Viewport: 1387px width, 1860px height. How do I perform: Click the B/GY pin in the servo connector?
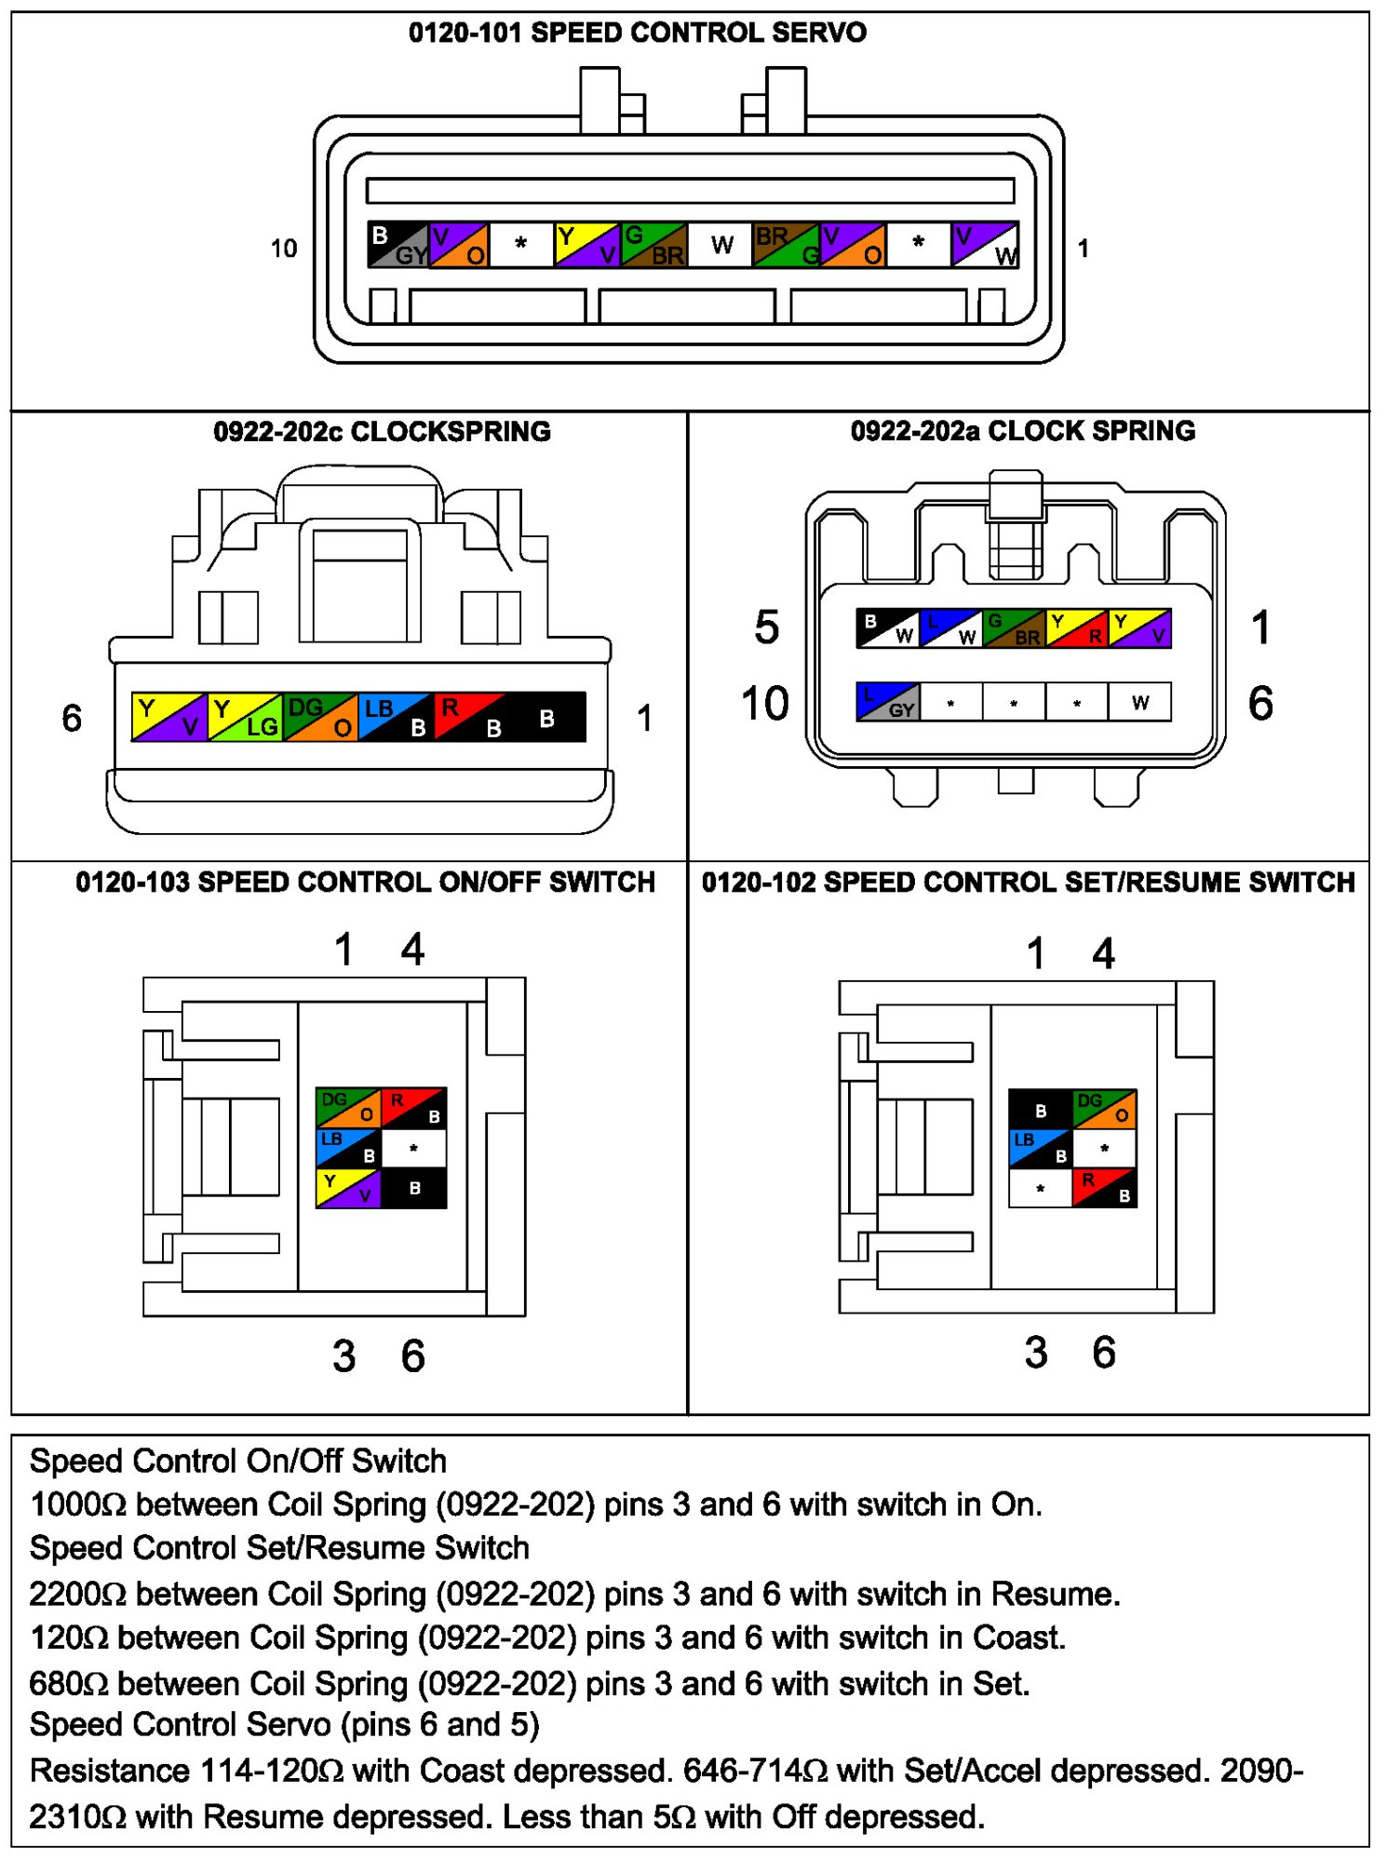pos(398,245)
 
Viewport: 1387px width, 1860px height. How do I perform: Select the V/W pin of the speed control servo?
pos(985,245)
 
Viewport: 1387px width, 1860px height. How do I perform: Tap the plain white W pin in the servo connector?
pos(721,245)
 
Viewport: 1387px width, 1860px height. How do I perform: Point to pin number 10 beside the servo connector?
pos(284,249)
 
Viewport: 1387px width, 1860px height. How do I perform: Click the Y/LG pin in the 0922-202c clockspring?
pos(245,717)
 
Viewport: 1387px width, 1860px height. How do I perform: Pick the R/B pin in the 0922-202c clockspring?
pos(471,717)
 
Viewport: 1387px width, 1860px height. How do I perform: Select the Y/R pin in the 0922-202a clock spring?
pos(1076,628)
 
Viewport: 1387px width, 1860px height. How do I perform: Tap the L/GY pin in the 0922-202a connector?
pos(887,702)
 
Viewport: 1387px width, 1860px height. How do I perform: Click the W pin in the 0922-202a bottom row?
pos(1139,702)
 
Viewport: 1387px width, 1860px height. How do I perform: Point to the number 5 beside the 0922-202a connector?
pos(766,627)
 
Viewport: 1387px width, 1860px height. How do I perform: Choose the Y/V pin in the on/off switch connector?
pos(348,1189)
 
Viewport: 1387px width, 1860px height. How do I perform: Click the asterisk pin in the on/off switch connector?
pos(414,1149)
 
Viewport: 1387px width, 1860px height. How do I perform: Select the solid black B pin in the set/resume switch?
pos(1041,1110)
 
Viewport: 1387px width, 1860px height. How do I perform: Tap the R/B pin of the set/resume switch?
pos(1105,1188)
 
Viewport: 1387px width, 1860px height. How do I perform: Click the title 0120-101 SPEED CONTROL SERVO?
pos(638,33)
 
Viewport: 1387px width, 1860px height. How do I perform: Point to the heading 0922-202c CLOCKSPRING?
pos(382,432)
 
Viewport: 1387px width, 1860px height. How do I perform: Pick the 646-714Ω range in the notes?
pos(755,1771)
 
